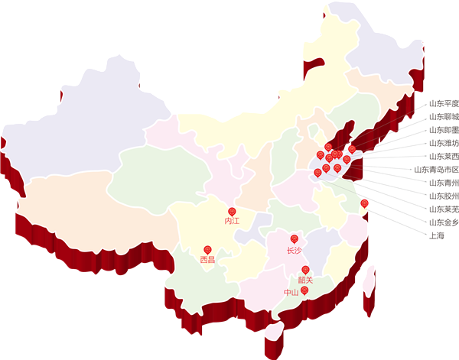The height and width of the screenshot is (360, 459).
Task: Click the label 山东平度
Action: click(443, 103)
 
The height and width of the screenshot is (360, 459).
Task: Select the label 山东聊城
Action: click(443, 116)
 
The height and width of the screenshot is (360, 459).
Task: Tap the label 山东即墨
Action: click(443, 130)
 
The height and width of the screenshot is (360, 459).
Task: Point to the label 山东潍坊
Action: click(443, 143)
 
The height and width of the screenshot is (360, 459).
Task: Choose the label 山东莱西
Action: click(443, 156)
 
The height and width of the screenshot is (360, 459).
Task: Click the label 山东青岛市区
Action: click(435, 169)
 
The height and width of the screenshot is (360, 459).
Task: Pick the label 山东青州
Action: click(443, 183)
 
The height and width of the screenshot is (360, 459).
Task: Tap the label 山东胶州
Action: click(443, 196)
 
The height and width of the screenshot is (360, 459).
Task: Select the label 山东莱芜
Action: click(443, 209)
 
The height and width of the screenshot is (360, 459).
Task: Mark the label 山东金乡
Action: click(443, 222)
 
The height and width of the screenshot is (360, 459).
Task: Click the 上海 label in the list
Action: click(436, 235)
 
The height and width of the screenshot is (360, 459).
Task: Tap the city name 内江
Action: click(232, 221)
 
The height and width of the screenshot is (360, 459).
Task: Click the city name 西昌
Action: click(207, 260)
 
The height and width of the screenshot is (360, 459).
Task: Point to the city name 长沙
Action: click(295, 250)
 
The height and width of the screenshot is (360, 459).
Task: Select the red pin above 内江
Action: click(232, 211)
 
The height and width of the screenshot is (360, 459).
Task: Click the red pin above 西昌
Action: click(207, 249)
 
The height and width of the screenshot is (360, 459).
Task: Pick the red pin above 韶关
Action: click(305, 270)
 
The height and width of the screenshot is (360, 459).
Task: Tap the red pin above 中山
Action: click(304, 290)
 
